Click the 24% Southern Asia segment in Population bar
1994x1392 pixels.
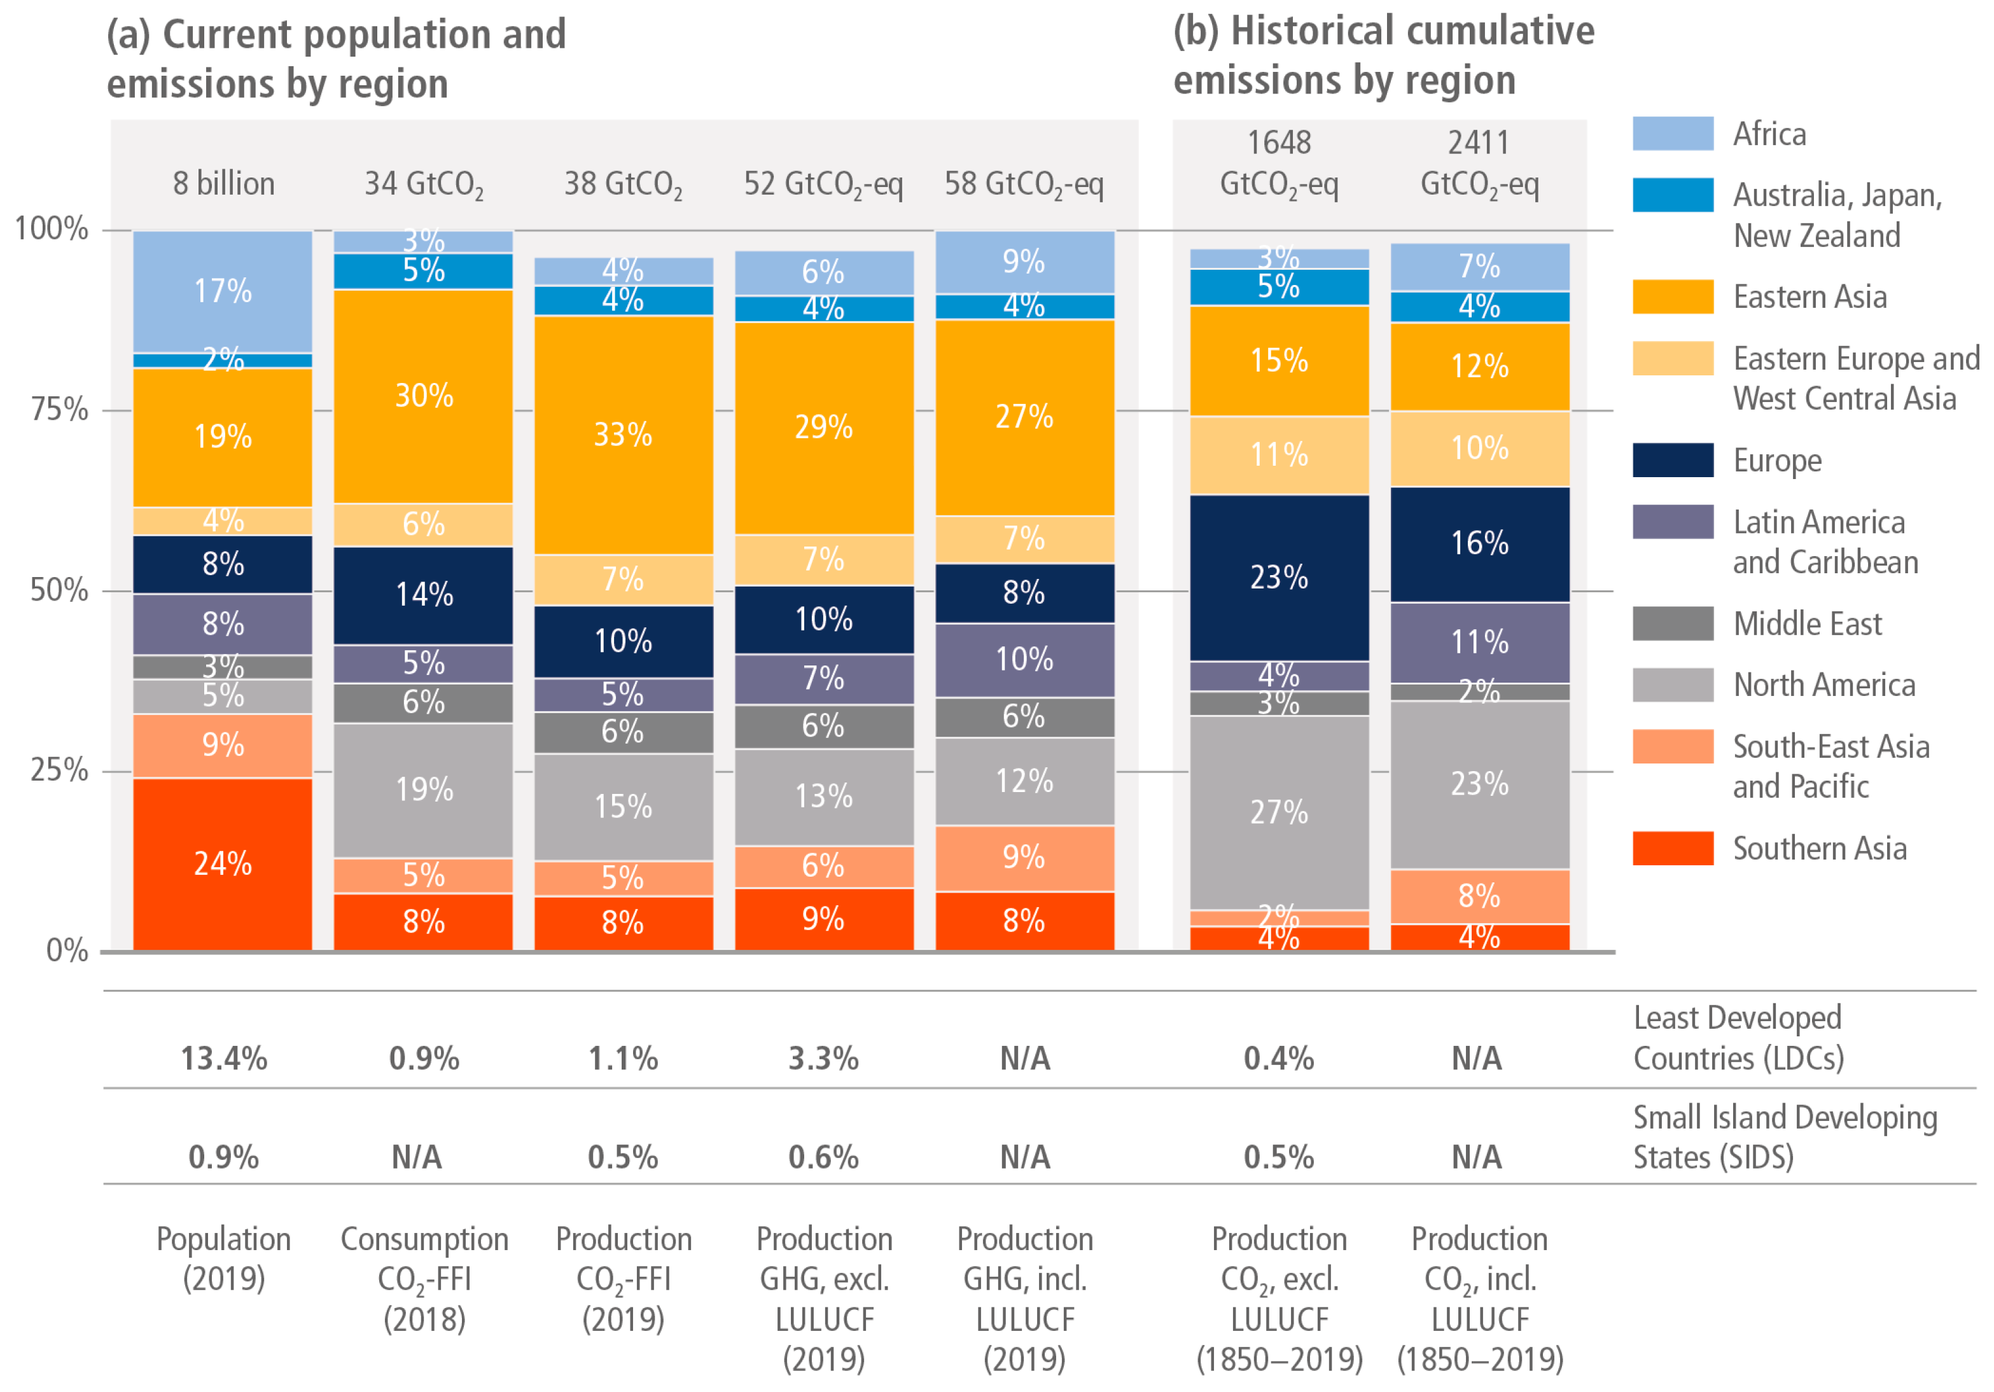point(222,863)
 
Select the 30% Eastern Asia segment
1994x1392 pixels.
point(424,396)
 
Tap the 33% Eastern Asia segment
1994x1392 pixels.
point(623,434)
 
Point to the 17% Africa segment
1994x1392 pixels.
point(222,291)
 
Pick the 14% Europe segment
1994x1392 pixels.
point(424,595)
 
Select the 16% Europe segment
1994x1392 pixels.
point(1480,543)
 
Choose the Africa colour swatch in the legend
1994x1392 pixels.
point(1672,134)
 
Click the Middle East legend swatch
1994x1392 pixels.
point(1672,623)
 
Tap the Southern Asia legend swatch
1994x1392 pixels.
point(1672,849)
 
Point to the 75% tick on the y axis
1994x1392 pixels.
point(59,409)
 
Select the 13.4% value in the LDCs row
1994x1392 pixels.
point(224,1059)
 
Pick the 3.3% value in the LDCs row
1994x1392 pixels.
point(823,1059)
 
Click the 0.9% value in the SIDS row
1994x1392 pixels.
point(224,1157)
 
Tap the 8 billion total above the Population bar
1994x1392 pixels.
point(224,184)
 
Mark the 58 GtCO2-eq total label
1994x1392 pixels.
point(1024,184)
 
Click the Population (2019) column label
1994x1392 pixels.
point(224,1258)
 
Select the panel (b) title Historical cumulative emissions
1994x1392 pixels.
point(1383,55)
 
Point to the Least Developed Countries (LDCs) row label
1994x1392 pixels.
point(1738,1038)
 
